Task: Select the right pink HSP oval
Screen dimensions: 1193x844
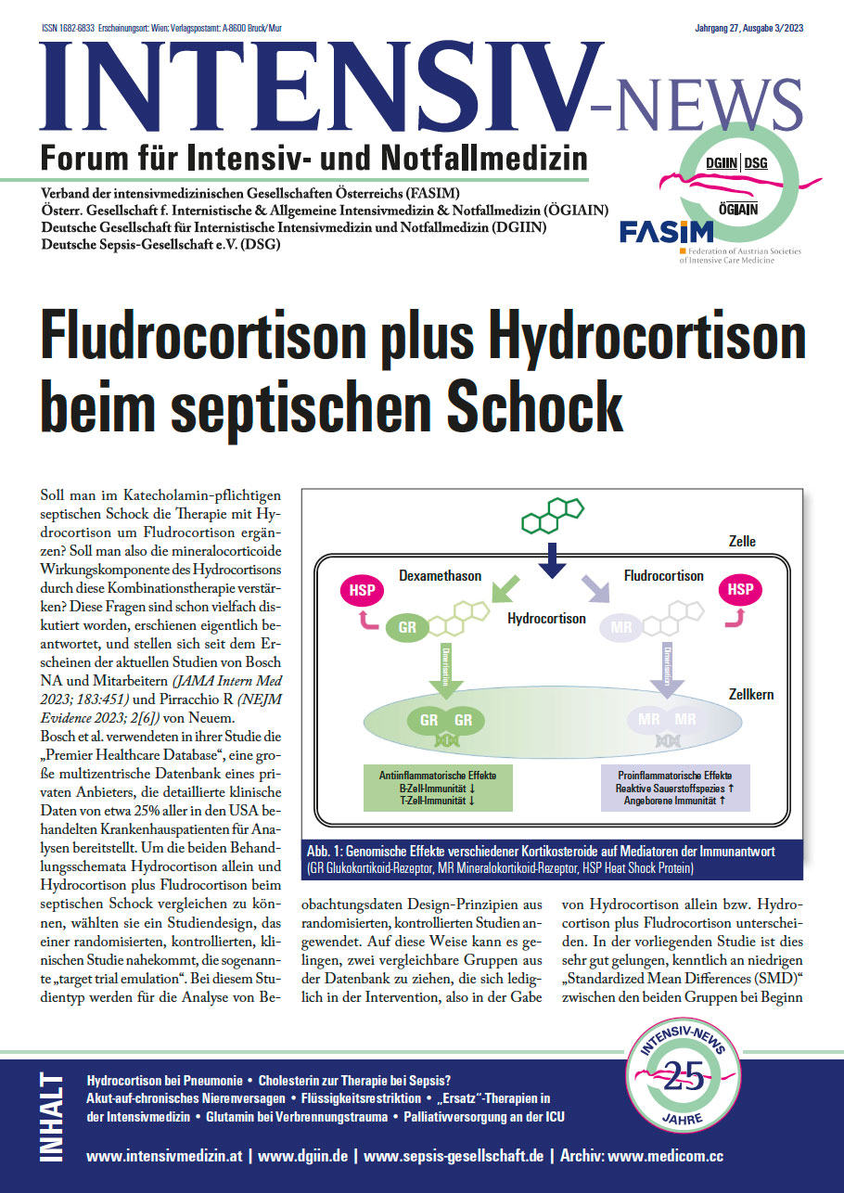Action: coord(739,590)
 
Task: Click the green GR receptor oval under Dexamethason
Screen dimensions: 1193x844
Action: coord(405,628)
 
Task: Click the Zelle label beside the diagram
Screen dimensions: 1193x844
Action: coord(741,542)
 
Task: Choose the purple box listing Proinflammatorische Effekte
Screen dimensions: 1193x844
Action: coord(674,788)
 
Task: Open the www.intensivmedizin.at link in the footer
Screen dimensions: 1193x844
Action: coord(166,1157)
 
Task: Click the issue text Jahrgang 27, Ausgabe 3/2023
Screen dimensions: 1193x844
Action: coord(748,29)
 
